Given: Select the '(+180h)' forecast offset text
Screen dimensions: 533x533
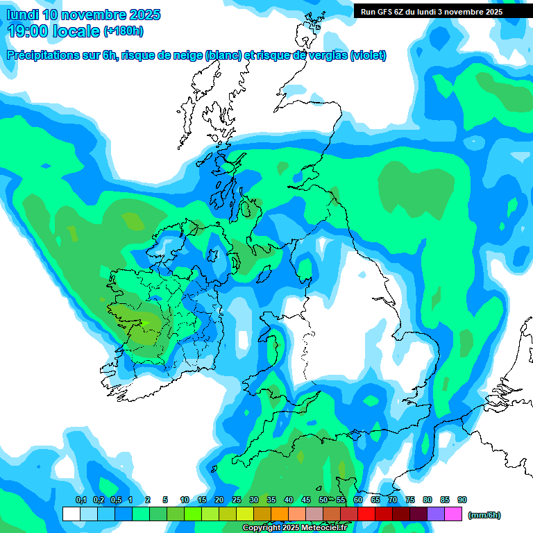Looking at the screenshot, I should click(124, 31).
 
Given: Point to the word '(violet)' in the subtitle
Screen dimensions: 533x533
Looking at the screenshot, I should click(369, 56).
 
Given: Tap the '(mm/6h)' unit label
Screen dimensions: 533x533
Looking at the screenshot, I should click(484, 515).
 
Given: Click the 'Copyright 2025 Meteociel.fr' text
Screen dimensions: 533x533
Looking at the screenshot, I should click(294, 528).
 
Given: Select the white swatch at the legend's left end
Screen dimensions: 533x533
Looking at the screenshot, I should click(71, 514).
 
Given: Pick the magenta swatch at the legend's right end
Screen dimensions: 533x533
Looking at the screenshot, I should click(453, 514).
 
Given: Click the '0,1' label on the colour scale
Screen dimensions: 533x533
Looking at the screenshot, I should click(81, 500).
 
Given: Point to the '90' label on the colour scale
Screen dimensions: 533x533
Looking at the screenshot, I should click(462, 500).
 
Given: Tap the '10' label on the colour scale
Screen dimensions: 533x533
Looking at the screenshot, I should click(185, 500).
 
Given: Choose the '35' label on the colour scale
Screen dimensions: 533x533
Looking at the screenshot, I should click(271, 500).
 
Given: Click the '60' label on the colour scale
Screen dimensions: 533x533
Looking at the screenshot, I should click(358, 500).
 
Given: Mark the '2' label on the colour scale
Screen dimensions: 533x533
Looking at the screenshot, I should click(147, 500).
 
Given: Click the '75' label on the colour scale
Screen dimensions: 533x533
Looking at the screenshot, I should click(410, 500).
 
